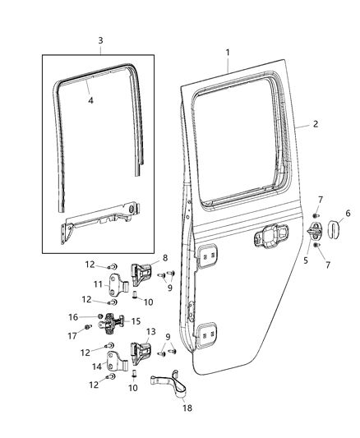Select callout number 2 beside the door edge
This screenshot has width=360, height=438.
point(313,125)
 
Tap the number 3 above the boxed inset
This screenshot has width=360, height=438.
point(100,40)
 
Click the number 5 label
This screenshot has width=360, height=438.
point(307,260)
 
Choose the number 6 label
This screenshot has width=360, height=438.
point(347,213)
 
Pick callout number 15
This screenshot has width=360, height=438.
point(136,321)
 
